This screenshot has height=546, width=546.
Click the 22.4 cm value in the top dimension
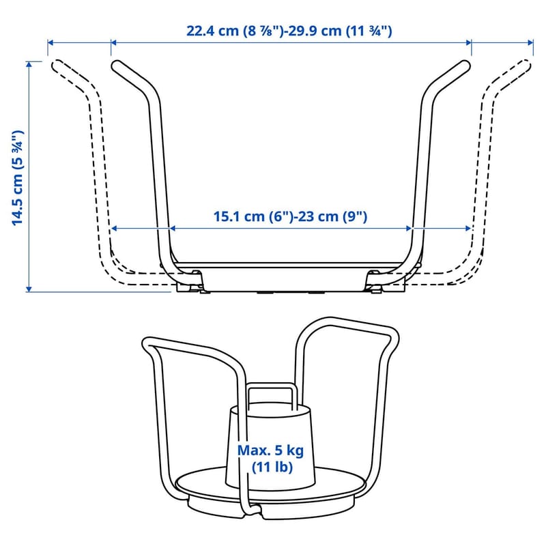click(212, 31)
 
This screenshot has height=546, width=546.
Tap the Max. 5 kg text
click(270, 450)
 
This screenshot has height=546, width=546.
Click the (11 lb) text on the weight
click(272, 467)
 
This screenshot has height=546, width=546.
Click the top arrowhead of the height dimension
click(29, 64)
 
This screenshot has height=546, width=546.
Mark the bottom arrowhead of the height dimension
click(29, 289)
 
